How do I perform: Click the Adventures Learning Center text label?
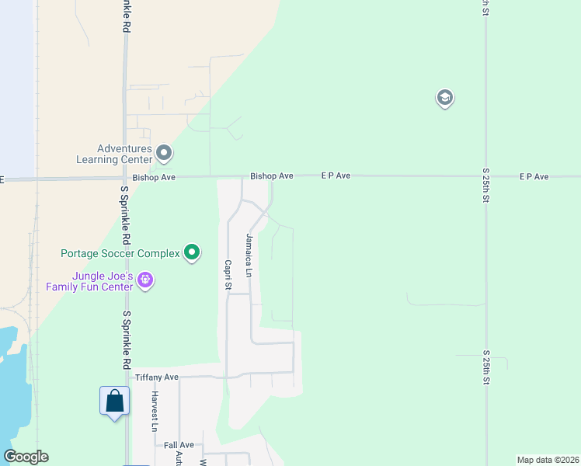124,154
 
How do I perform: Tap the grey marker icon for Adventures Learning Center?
164,151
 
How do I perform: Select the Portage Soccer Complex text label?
120,253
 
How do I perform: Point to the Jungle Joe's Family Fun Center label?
89,281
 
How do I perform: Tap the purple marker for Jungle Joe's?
146,280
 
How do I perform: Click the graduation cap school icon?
445,99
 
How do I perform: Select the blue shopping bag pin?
114,402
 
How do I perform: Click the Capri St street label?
228,274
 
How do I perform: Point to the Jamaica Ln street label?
249,255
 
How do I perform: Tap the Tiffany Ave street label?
157,377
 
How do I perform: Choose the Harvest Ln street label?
155,411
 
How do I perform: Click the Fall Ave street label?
179,445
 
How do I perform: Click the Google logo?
26,457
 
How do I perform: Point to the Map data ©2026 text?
547,460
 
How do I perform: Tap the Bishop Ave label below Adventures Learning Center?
154,177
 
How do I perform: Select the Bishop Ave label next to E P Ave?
271,176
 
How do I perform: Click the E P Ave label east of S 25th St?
534,177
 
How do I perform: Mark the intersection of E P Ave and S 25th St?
485,176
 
